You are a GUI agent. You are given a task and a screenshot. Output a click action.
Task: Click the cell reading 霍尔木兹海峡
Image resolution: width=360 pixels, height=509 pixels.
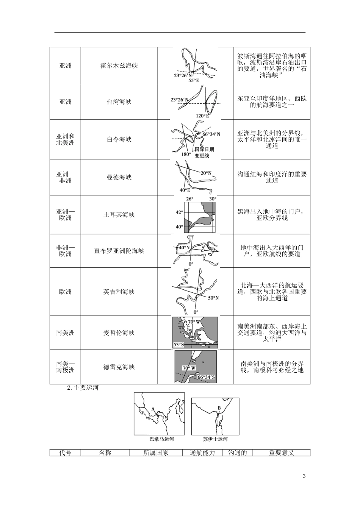(119, 66)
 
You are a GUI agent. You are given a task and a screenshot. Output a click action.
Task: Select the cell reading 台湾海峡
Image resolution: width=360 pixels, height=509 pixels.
(119, 102)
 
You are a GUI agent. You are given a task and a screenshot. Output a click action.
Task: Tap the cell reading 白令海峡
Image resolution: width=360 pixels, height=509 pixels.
(119, 139)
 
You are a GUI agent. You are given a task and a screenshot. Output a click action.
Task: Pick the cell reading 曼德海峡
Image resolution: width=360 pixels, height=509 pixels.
(119, 177)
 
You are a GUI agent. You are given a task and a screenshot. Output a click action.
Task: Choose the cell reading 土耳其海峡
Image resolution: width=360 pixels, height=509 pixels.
(119, 215)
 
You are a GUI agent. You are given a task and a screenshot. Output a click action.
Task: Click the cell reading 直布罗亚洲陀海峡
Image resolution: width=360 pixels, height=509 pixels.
(119, 251)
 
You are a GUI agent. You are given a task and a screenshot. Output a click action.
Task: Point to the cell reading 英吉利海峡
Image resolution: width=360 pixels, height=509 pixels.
(119, 292)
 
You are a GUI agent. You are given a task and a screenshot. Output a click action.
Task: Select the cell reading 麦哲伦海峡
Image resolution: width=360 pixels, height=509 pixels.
(119, 333)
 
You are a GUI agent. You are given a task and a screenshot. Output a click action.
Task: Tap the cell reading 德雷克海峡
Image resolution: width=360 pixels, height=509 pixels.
(119, 367)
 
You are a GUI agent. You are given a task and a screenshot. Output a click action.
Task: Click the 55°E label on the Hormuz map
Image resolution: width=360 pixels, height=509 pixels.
(194, 80)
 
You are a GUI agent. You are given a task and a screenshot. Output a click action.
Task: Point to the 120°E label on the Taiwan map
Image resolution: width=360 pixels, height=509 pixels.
(202, 116)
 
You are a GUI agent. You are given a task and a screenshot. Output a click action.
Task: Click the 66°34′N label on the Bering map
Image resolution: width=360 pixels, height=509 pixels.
(211, 134)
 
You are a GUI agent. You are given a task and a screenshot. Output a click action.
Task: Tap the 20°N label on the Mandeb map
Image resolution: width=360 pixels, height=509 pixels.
(206, 173)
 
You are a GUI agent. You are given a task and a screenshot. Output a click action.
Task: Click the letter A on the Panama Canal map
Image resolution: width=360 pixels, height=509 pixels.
(153, 409)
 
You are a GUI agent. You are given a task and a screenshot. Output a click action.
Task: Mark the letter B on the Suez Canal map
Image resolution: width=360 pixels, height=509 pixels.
(219, 408)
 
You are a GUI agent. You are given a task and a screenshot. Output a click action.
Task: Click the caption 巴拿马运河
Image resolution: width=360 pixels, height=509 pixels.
(162, 439)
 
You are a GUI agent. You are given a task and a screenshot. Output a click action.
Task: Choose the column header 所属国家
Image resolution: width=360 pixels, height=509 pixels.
(156, 453)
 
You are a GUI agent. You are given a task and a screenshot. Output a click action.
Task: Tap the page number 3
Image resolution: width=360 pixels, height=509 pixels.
(304, 476)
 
